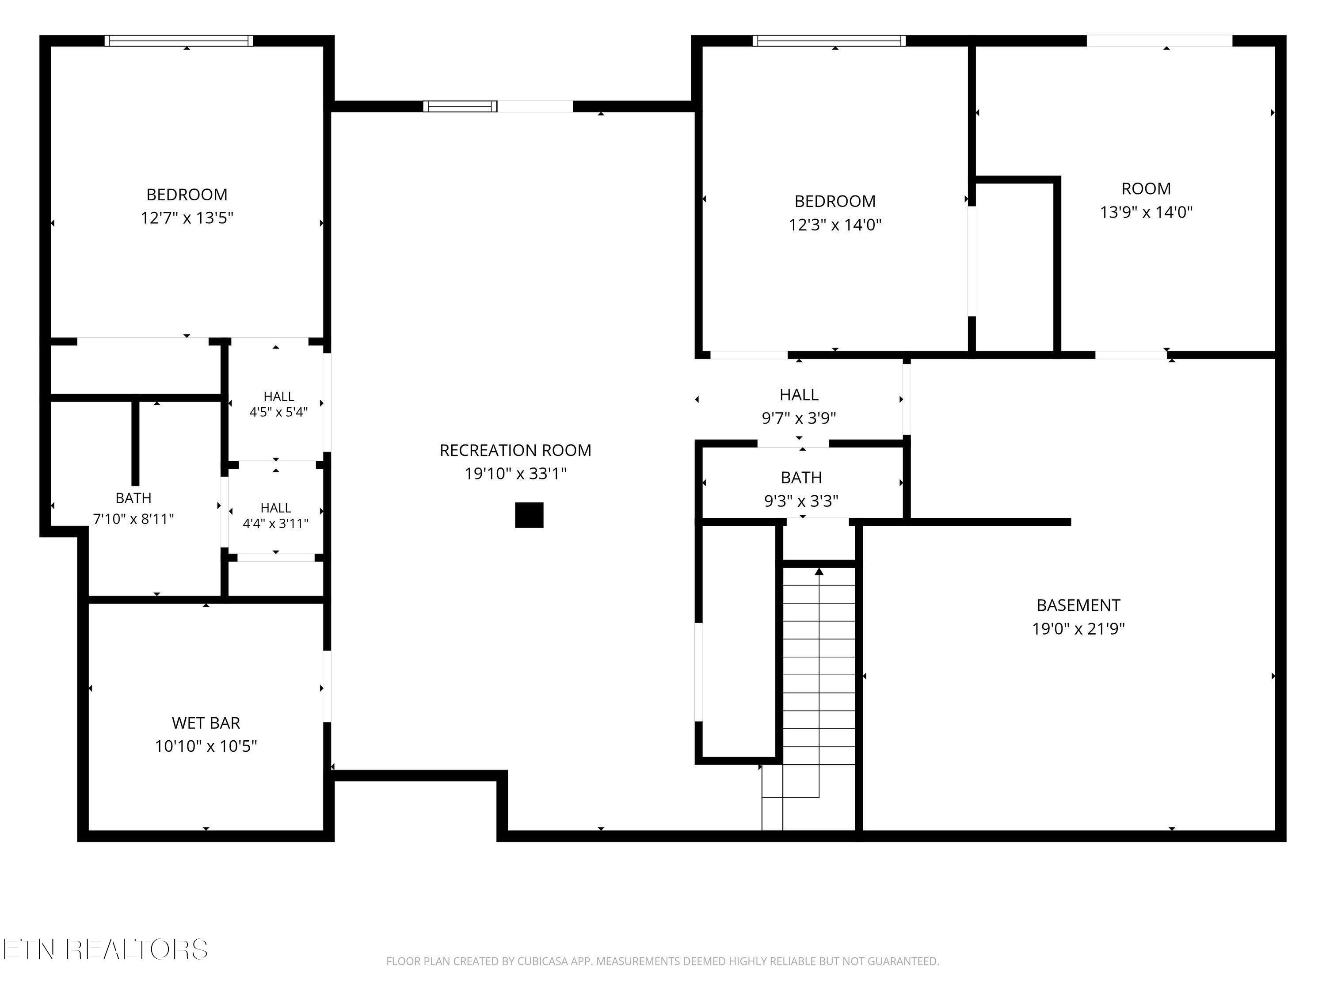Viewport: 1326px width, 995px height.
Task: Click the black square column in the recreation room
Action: [530, 515]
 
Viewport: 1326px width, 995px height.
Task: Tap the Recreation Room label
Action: [515, 451]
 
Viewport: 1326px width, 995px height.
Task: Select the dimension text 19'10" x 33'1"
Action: [515, 474]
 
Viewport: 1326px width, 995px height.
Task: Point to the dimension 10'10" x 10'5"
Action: [206, 746]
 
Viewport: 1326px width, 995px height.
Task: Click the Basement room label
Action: [1078, 605]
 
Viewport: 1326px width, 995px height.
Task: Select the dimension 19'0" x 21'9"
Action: [1078, 628]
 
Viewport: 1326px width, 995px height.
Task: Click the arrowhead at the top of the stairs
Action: [819, 571]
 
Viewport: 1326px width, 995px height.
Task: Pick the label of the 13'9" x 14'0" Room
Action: [1146, 189]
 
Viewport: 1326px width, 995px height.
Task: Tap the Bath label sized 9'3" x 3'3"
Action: [801, 478]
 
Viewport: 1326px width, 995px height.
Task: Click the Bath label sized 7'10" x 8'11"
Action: [133, 498]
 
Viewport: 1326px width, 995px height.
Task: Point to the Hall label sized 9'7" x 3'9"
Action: [799, 394]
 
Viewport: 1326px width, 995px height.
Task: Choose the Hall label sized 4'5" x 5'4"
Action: [279, 396]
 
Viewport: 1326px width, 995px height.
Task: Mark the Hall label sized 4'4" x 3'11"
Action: [276, 508]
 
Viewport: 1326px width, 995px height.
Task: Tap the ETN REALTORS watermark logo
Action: [106, 949]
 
